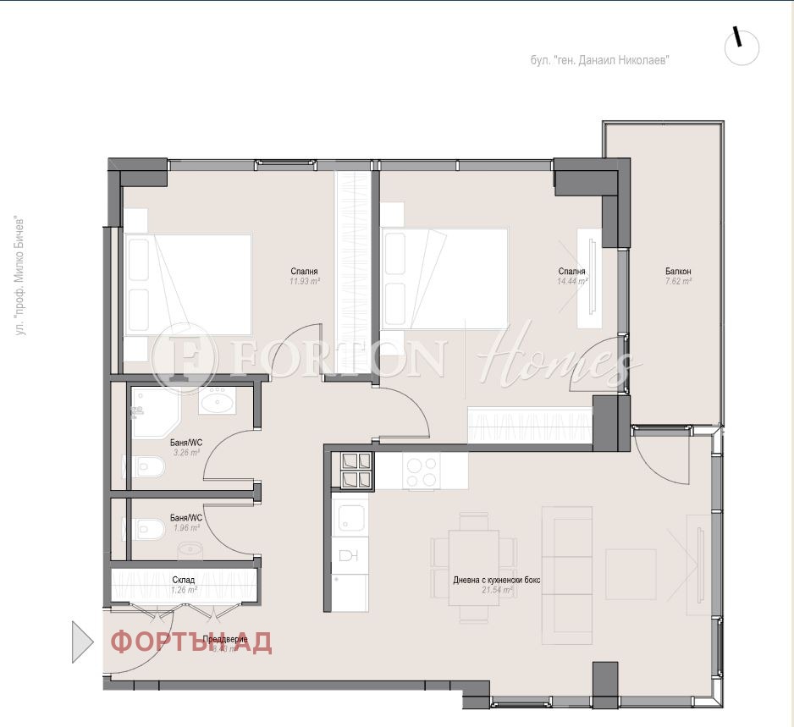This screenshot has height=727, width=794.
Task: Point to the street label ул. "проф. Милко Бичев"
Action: (21, 276)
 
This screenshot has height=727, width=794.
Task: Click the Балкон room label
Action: (678, 271)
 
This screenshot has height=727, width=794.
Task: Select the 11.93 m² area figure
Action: (305, 281)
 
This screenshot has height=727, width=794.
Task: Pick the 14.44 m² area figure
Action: (571, 281)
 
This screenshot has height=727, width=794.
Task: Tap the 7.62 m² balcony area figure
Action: (678, 281)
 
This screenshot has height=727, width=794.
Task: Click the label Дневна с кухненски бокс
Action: (497, 580)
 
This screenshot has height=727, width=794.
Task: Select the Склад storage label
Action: (184, 580)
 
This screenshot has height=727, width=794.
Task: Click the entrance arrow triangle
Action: (81, 642)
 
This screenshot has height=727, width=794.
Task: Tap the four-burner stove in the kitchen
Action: (356, 471)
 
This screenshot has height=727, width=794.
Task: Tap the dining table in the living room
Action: (474, 566)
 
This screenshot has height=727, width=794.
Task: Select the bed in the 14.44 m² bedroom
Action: (445, 278)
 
